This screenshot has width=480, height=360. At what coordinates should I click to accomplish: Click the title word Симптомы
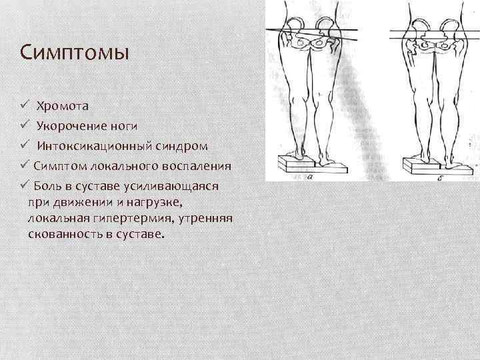coord(75,52)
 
